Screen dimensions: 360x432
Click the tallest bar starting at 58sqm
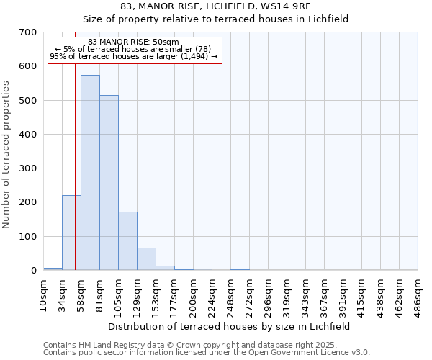90,173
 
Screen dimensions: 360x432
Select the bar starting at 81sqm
109,183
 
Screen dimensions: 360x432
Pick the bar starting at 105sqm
127,241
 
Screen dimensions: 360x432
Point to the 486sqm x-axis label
418,295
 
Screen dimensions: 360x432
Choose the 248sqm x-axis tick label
230,295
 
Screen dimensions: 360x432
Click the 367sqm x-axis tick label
324,295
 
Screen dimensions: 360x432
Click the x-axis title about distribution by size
230,326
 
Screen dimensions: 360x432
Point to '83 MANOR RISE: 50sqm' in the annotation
133,42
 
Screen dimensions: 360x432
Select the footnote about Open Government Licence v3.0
206,353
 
